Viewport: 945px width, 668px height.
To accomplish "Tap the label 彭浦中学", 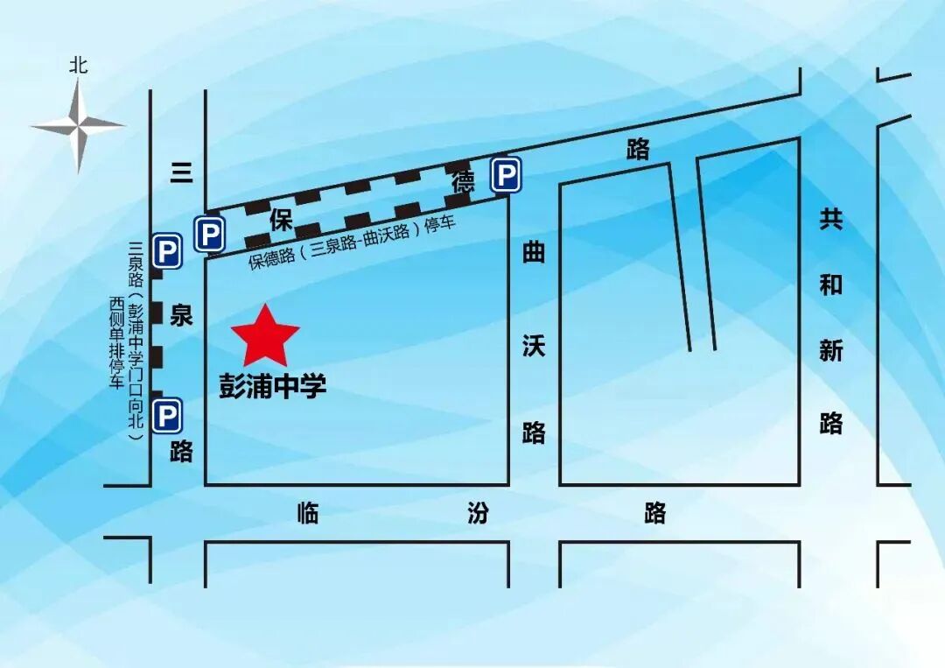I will pos(272,385).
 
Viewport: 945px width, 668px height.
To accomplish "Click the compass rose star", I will pos(78,126).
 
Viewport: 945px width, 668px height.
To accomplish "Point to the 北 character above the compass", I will pos(79,65).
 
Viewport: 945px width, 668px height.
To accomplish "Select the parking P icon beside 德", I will pos(505,174).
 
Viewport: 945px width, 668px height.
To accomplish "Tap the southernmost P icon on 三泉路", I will pos(166,415).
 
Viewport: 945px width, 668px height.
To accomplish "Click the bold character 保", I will pos(280,221).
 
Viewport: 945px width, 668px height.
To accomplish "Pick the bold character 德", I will pos(463,183).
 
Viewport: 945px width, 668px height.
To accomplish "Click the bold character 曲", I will pos(534,253).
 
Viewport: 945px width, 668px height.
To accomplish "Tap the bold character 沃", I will pos(534,345).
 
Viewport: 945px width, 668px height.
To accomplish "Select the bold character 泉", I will pos(181,315).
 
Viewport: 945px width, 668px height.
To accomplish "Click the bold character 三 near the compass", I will pos(181,173).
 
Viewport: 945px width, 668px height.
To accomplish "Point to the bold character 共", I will pos(830,219).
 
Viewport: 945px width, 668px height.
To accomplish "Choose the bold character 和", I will pos(830,285).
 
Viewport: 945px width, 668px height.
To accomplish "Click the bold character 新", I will pos(830,351).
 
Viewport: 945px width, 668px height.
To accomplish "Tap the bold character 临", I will pos(308,513).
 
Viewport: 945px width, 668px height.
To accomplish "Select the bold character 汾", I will pos(478,513).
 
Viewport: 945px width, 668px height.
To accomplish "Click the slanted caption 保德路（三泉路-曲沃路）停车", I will pos(353,243).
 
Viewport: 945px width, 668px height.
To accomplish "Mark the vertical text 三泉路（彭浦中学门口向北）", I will pos(135,341).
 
